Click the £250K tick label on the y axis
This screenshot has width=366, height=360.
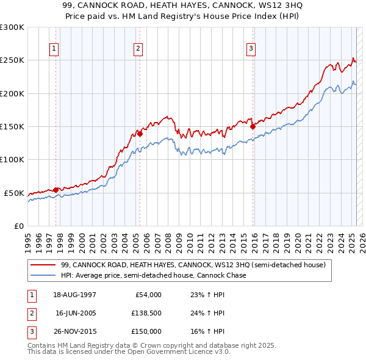12,60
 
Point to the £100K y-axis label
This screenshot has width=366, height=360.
12,159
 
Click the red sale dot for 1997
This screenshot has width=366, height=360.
56,190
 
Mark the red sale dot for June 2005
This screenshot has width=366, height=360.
140,134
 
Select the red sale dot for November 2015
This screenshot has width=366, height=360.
253,126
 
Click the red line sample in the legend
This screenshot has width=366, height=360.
43,265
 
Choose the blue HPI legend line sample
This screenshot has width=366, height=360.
43,275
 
